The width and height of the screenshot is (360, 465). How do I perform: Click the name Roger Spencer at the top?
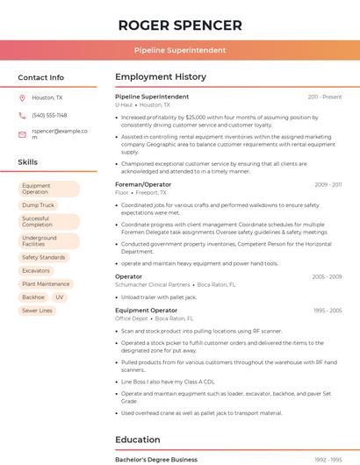180,25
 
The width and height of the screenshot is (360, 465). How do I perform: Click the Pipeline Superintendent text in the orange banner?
180,50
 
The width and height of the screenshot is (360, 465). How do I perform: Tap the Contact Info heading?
40,77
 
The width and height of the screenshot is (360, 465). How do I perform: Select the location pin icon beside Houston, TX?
22,97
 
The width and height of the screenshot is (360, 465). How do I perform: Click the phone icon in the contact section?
22,115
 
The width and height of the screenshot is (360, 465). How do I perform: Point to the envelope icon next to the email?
22,134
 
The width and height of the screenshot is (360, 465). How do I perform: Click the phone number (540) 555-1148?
49,115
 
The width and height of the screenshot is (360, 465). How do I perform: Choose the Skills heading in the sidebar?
27,162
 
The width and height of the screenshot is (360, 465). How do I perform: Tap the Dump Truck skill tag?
38,204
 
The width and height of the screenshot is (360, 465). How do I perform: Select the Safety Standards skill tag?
43,257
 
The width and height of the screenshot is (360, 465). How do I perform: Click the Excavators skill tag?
36,271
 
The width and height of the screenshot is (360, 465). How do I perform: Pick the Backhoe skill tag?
32,297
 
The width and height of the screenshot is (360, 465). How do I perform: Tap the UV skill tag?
60,297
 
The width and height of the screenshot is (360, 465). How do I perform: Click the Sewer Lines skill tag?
37,311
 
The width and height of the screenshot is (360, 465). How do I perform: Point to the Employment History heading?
160,77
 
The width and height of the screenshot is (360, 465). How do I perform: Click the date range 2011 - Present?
325,97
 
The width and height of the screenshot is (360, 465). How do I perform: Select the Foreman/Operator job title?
143,184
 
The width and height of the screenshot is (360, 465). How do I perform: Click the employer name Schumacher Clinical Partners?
153,284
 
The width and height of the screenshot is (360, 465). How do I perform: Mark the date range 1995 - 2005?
328,311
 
